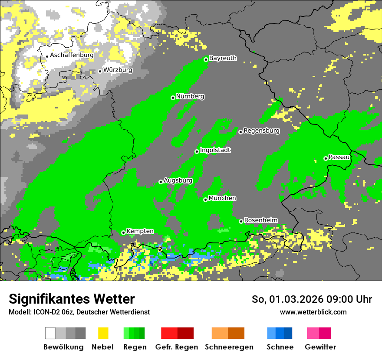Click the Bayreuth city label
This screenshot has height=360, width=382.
(x=223, y=58)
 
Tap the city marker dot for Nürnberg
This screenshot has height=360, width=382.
(x=173, y=98)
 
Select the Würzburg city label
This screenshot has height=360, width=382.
(x=118, y=70)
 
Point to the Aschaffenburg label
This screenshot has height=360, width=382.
(x=72, y=55)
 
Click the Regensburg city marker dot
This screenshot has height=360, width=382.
(x=240, y=132)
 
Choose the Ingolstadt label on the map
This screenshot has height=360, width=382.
(x=215, y=150)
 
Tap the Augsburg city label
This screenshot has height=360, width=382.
(x=178, y=180)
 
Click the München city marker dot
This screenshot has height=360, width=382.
(x=205, y=200)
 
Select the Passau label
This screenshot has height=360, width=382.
(x=339, y=157)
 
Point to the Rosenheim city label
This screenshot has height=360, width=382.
(x=261, y=220)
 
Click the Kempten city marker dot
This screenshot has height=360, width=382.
(x=123, y=232)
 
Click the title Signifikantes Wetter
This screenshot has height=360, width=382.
(x=72, y=299)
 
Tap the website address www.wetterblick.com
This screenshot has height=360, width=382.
(x=313, y=312)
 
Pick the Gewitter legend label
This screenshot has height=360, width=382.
(x=320, y=347)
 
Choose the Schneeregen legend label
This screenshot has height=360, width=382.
(x=229, y=347)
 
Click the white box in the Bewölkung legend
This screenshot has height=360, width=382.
(x=50, y=333)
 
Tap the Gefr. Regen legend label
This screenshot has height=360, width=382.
(x=177, y=347)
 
